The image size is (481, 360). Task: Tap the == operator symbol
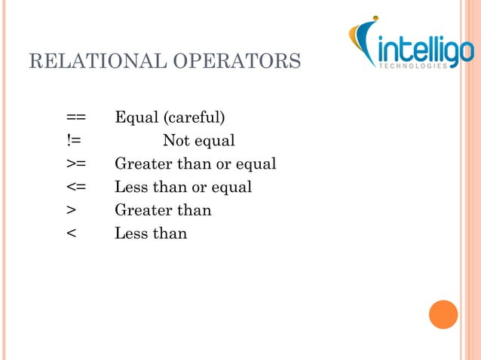click(75, 117)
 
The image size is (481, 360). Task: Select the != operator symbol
click(73, 141)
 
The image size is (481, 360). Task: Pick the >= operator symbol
click(75, 164)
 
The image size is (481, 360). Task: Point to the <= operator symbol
click(75, 187)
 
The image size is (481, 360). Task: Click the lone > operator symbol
click(71, 210)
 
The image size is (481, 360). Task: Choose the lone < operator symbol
click(71, 233)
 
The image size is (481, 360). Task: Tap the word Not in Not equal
click(176, 141)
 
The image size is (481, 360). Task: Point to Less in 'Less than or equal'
click(128, 187)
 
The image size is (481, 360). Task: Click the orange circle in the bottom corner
click(443, 314)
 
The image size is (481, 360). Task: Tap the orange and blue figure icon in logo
click(363, 41)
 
